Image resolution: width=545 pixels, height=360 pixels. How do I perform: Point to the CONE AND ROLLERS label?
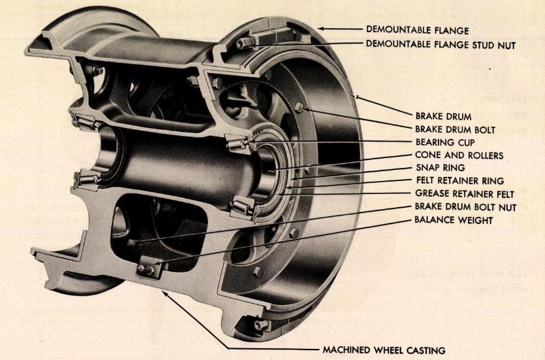tap(450, 155)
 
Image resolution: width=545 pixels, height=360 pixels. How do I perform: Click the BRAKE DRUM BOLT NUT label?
tap(455, 206)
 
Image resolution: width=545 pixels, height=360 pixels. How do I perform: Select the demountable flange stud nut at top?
tap(247, 44)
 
